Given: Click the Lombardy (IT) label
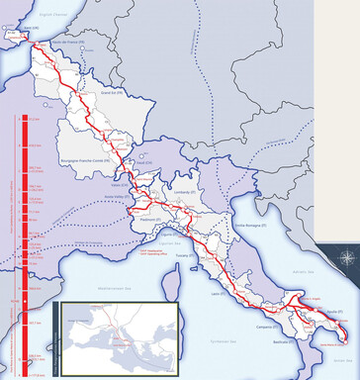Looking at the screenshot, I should (185, 196).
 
